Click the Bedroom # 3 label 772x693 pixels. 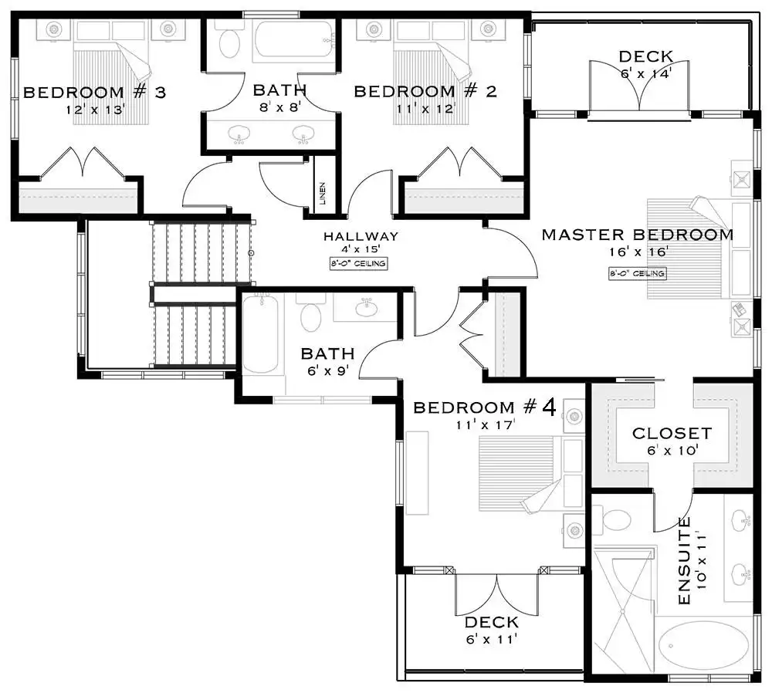(x=94, y=93)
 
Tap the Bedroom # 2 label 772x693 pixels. (x=425, y=92)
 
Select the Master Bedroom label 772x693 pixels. (x=638, y=235)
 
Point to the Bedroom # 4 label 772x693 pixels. (x=485, y=407)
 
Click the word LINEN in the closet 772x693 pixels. (x=323, y=194)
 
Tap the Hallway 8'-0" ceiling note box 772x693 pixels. (x=358, y=264)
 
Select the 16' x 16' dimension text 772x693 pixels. (x=638, y=252)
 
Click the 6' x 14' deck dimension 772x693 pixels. (x=645, y=74)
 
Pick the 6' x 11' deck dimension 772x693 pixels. (x=491, y=639)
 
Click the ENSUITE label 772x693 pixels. (x=684, y=560)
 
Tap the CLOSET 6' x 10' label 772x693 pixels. (x=672, y=441)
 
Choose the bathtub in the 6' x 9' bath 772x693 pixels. (x=260, y=334)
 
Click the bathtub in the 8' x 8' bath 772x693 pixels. (x=295, y=42)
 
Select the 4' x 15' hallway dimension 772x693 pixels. (x=361, y=249)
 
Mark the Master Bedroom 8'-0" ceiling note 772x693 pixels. (x=638, y=274)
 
